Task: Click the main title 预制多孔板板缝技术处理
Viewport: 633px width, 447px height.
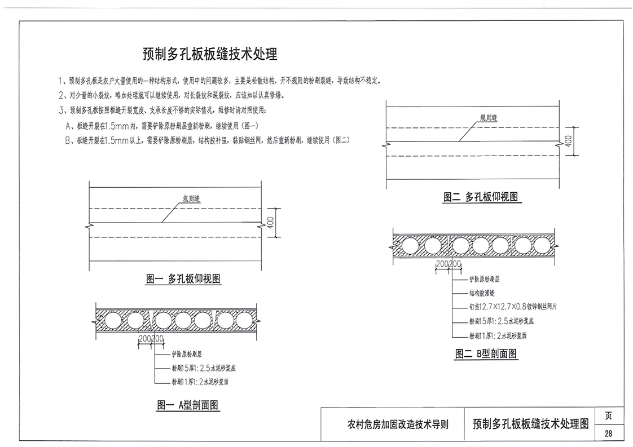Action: [x=210, y=55]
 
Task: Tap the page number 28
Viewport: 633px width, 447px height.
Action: [x=608, y=433]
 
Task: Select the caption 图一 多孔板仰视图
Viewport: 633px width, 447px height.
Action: [x=183, y=278]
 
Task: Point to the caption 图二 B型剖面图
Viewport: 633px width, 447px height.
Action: [x=486, y=354]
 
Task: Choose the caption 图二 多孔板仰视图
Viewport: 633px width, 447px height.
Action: [x=480, y=197]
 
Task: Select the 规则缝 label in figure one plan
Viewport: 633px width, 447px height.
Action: [x=192, y=198]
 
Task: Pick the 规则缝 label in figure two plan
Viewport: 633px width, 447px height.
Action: [x=489, y=117]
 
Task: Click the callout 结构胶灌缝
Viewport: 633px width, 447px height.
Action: [x=482, y=293]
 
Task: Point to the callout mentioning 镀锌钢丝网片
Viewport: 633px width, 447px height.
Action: [x=513, y=307]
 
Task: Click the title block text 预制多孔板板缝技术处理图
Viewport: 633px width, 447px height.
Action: [x=531, y=424]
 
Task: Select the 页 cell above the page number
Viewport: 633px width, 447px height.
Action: [x=608, y=417]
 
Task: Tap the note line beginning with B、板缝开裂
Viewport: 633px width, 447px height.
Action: [x=207, y=141]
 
